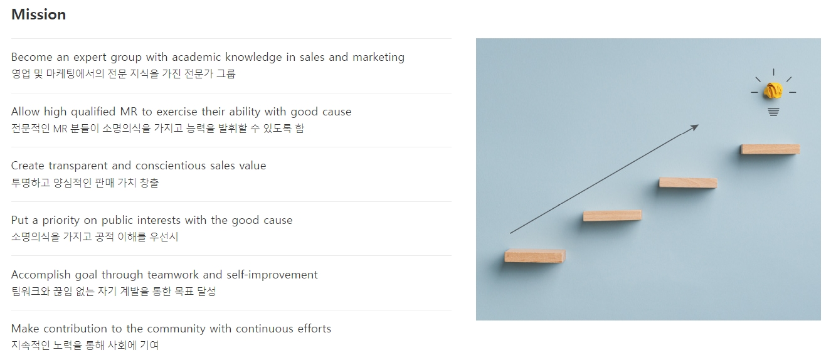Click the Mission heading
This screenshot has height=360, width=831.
click(39, 14)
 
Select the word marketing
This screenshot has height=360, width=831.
click(378, 58)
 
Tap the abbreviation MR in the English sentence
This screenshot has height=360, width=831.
click(129, 112)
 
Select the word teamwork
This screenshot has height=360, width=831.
click(173, 275)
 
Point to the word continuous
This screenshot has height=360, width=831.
click(262, 329)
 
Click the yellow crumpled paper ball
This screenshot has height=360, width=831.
click(773, 91)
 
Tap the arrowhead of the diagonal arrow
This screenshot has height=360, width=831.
click(694, 128)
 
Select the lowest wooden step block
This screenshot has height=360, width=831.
click(535, 256)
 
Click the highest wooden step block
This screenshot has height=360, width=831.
click(770, 149)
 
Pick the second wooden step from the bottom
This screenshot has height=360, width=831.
click(612, 216)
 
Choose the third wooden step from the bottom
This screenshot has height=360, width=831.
click(688, 183)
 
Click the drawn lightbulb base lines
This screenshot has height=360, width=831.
click(773, 112)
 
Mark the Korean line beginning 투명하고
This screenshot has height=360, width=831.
click(85, 183)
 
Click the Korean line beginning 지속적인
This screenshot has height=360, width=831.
click(85, 345)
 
